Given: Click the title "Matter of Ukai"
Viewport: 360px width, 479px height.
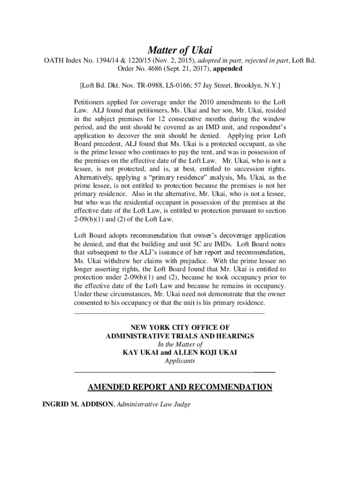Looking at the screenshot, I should (180, 50).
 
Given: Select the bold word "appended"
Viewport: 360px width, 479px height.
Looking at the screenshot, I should (228, 69).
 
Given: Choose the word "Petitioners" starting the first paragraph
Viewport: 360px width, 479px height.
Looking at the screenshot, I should (91, 102).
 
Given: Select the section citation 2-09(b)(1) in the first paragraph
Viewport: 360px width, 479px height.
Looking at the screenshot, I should (91, 219).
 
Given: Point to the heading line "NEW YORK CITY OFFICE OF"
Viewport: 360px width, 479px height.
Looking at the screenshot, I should (180, 327).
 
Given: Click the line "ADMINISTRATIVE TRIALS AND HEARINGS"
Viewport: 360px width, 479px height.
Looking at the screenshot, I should (180, 336).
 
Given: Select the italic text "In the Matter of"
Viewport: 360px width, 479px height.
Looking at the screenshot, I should (180, 344).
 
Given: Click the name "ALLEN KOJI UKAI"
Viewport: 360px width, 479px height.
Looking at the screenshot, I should (205, 353).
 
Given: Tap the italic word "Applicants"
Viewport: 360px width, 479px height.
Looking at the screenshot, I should (180, 361).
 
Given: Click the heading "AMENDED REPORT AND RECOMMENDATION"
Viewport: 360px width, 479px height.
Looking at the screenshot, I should (180, 387).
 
